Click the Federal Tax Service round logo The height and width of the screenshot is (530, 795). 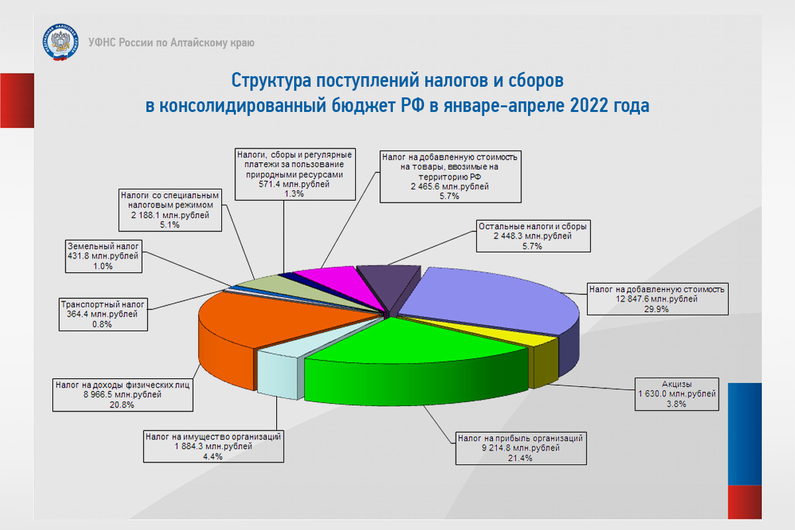60,42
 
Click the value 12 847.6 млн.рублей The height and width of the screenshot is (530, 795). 657,299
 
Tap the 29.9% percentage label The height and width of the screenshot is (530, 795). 657,309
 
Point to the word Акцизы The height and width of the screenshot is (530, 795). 676,384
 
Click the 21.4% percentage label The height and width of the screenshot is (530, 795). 520,458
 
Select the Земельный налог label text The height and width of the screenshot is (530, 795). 103,246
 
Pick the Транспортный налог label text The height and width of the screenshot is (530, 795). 103,304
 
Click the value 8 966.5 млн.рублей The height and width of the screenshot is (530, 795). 123,394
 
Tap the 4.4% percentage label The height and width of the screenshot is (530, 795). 213,456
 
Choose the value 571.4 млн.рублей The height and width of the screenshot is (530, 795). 294,184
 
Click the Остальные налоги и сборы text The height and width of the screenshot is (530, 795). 533,226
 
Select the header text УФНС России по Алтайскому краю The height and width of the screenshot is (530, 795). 172,42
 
